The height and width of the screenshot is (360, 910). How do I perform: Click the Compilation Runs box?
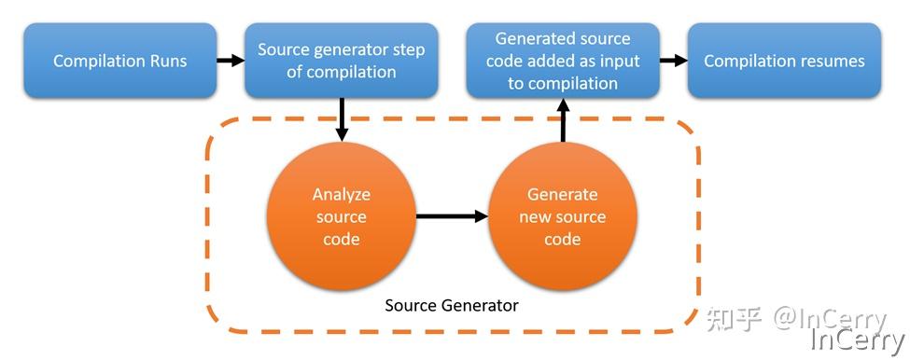(x=120, y=62)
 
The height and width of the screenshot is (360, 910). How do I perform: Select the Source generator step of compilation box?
(x=341, y=62)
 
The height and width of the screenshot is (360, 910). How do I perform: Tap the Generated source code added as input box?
(x=563, y=62)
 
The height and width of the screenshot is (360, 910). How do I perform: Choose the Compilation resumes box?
(x=784, y=62)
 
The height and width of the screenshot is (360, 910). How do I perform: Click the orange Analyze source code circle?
(x=341, y=216)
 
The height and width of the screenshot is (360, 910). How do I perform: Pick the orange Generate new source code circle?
(x=562, y=216)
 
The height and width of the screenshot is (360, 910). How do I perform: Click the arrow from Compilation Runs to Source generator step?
(x=230, y=62)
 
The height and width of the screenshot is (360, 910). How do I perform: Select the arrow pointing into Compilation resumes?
(x=673, y=62)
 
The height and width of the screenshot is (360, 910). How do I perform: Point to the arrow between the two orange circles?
(x=452, y=216)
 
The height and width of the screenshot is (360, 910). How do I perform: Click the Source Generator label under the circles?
(x=452, y=305)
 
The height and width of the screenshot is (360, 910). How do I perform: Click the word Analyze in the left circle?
(x=341, y=195)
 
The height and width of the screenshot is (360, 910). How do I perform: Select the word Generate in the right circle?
(x=562, y=195)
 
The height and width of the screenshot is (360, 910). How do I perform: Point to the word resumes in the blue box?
(x=833, y=62)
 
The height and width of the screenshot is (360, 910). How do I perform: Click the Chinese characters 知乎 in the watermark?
(x=733, y=319)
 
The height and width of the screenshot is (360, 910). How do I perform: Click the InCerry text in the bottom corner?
(x=857, y=341)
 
